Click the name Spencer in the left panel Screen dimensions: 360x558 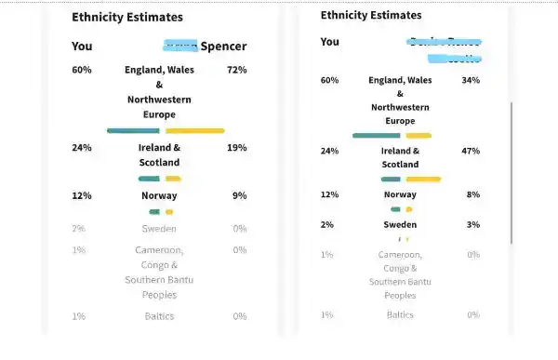pos(224,46)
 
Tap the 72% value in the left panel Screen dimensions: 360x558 pos(237,70)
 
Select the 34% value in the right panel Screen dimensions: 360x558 pos(471,80)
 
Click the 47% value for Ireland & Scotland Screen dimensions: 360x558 pos(471,151)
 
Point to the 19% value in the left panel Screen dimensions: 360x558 pos(237,148)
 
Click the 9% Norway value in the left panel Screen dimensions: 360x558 pos(239,195)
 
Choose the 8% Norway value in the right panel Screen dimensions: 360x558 pos(473,194)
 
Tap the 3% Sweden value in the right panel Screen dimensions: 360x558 pos(473,224)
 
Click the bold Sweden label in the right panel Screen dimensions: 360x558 pos(400,224)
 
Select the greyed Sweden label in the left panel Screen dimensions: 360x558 pos(159,228)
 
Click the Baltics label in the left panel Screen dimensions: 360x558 pos(159,316)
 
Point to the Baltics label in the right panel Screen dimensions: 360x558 pos(400,314)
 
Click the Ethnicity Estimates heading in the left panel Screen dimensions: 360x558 pos(127,17)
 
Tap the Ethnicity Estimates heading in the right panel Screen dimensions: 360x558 pos(371,15)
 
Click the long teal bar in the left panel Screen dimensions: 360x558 pos(133,130)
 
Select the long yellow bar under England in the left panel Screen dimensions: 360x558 pos(194,130)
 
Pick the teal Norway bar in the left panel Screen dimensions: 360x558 pos(154,211)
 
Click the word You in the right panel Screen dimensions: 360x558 pos(329,42)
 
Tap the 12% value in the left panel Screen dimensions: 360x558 pos(82,195)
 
